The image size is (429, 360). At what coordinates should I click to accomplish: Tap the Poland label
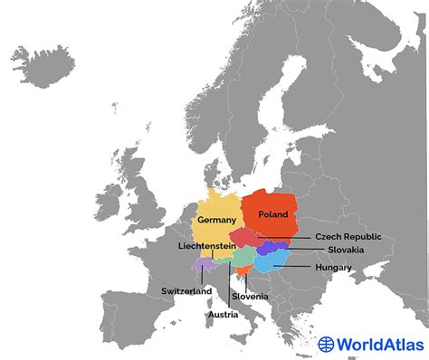(272, 214)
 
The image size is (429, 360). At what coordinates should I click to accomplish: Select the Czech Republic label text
(348, 237)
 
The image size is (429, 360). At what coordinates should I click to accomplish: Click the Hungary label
(334, 268)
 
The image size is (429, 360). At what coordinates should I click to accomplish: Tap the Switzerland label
(186, 291)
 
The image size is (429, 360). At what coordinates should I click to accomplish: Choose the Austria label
(223, 315)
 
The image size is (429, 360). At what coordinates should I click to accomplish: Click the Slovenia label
(249, 297)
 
